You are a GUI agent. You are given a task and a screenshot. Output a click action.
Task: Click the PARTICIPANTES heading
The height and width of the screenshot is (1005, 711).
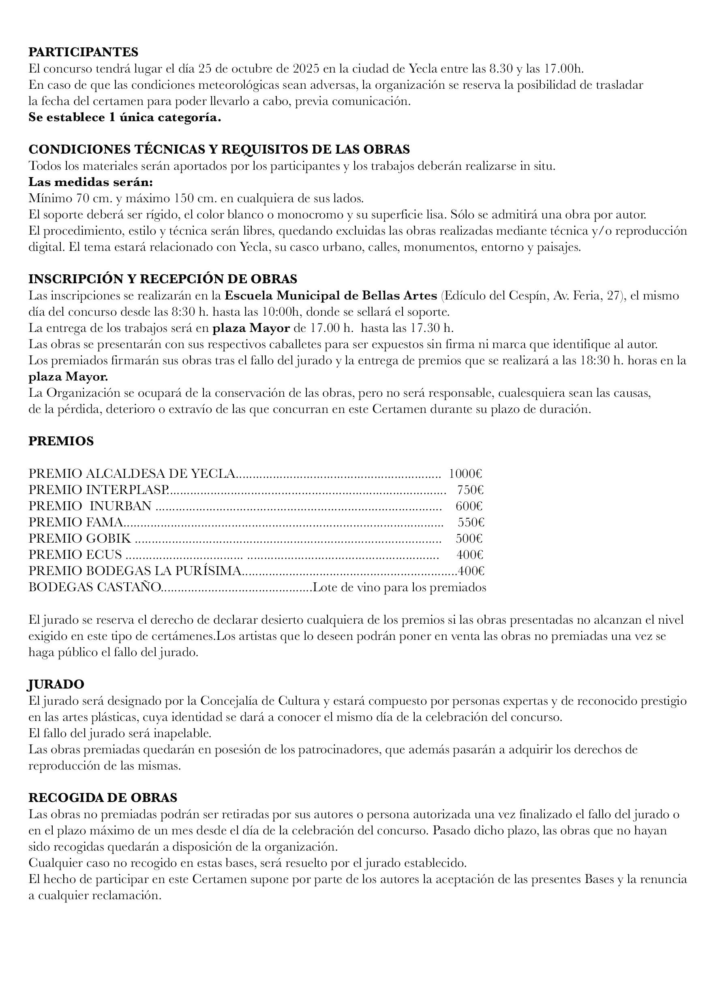tap(83, 52)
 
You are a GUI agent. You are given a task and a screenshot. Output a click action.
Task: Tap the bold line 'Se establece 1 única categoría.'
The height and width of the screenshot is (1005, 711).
tap(125, 118)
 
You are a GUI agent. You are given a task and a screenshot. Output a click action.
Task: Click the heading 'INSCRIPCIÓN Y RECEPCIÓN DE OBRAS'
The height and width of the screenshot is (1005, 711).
tap(163, 279)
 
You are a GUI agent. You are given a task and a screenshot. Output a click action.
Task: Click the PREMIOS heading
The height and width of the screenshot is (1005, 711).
tap(61, 441)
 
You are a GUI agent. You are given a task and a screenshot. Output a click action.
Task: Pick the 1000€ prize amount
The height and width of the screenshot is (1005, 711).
tap(465, 473)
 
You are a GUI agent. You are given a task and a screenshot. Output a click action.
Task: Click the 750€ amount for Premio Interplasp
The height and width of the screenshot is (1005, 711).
tap(470, 490)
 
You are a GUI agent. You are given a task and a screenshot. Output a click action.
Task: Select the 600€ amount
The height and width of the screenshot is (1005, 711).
tap(469, 506)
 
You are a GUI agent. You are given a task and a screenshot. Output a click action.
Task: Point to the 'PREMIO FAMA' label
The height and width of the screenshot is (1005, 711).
tap(76, 522)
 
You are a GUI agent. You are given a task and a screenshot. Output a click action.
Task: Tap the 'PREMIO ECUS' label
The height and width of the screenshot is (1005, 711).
tap(75, 555)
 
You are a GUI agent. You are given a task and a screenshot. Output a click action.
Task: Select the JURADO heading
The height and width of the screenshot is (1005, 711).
tap(56, 684)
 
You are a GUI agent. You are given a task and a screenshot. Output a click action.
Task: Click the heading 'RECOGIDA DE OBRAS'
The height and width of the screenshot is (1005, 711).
tap(103, 798)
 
